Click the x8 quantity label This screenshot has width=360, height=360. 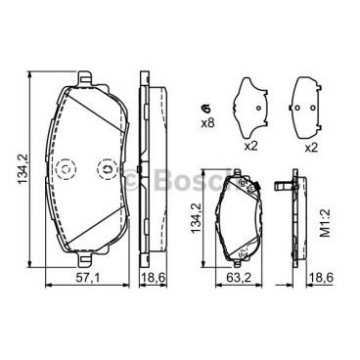coord(207,122)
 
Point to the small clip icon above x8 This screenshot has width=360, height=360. coord(205,107)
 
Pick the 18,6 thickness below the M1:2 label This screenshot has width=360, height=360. coord(321,281)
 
